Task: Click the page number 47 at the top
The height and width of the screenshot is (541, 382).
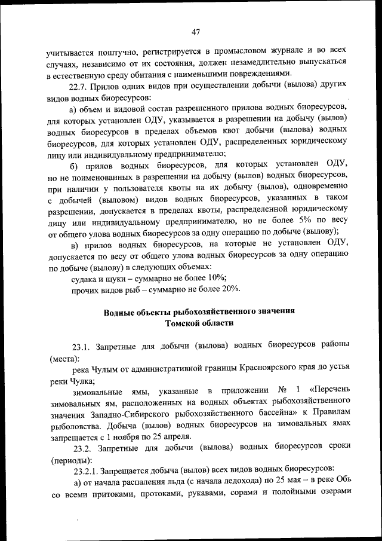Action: coord(196,32)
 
